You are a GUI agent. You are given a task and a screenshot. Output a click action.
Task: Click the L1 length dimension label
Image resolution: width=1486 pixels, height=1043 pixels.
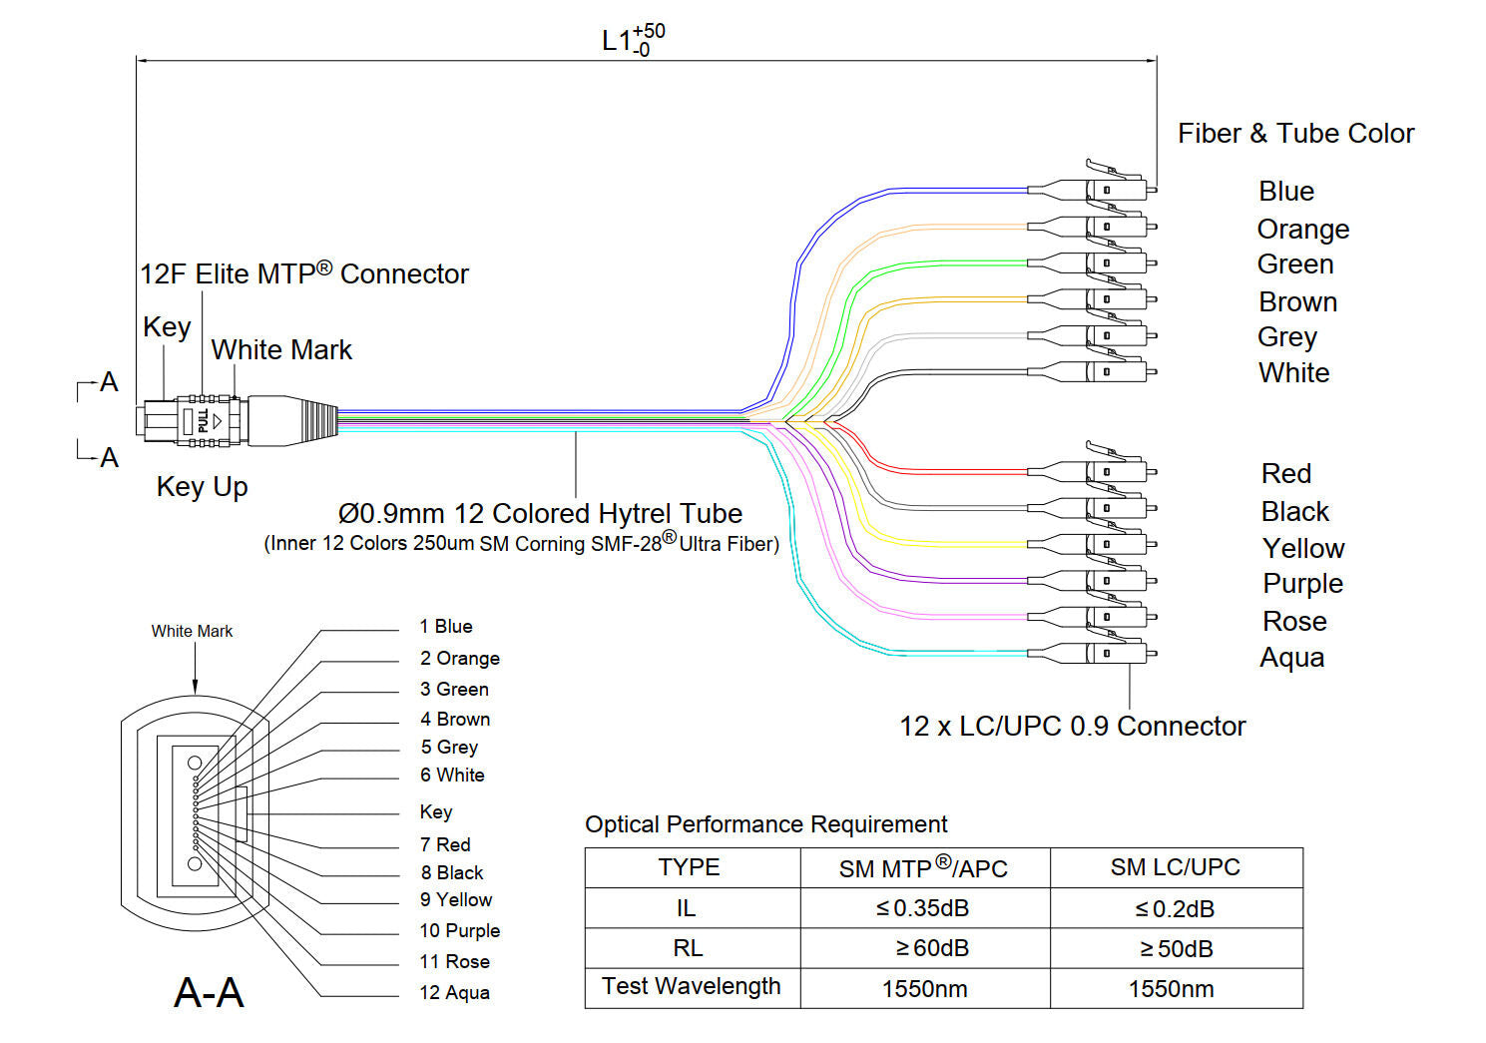[x=633, y=40]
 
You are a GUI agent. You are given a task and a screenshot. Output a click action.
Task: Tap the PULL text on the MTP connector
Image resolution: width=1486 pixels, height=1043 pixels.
[x=204, y=420]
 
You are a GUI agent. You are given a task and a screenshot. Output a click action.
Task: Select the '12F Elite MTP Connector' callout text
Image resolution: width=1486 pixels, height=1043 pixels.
[x=303, y=273]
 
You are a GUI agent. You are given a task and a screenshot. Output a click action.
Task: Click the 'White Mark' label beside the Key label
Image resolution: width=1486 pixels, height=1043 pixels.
[x=281, y=350]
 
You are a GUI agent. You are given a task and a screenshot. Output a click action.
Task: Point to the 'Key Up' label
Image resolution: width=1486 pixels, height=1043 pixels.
[x=202, y=487]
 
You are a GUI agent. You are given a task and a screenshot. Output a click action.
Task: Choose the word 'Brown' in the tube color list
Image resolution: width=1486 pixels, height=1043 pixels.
[x=1297, y=301]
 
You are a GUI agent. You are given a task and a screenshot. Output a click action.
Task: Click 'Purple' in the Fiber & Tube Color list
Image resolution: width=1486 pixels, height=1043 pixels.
[x=1302, y=583]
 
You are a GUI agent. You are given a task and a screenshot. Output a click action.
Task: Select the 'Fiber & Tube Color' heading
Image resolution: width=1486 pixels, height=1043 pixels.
[x=1295, y=134]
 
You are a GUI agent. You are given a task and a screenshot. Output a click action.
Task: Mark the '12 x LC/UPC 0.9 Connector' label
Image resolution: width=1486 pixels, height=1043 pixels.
[x=1072, y=726]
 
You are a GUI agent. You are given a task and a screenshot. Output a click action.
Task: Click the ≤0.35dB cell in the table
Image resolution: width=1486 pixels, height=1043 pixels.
[x=923, y=908]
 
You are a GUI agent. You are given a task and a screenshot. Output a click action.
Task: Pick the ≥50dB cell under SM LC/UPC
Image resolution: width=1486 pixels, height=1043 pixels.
[x=1176, y=948]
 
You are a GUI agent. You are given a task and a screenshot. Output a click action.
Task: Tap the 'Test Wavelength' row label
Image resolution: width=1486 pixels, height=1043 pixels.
[x=691, y=986]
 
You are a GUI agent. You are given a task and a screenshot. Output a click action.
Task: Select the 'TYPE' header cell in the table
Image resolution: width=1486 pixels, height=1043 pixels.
[x=689, y=866]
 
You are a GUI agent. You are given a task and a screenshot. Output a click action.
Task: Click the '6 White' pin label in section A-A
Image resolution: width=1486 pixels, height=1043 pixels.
[x=452, y=775]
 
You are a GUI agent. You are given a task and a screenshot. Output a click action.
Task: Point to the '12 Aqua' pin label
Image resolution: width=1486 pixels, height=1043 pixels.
[x=454, y=992]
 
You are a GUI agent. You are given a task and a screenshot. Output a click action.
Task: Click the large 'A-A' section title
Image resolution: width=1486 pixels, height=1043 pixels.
[x=209, y=992]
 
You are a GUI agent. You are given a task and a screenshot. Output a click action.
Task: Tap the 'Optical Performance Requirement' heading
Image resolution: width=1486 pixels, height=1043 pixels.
[x=765, y=824]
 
